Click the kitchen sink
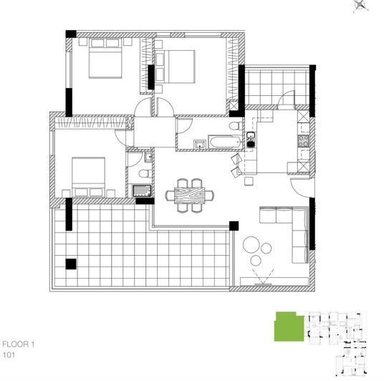[x=251, y=139]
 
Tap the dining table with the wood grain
[x=191, y=195]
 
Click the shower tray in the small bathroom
[x=142, y=190]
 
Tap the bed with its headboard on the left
[x=181, y=67]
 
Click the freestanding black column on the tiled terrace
[x=70, y=264]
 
